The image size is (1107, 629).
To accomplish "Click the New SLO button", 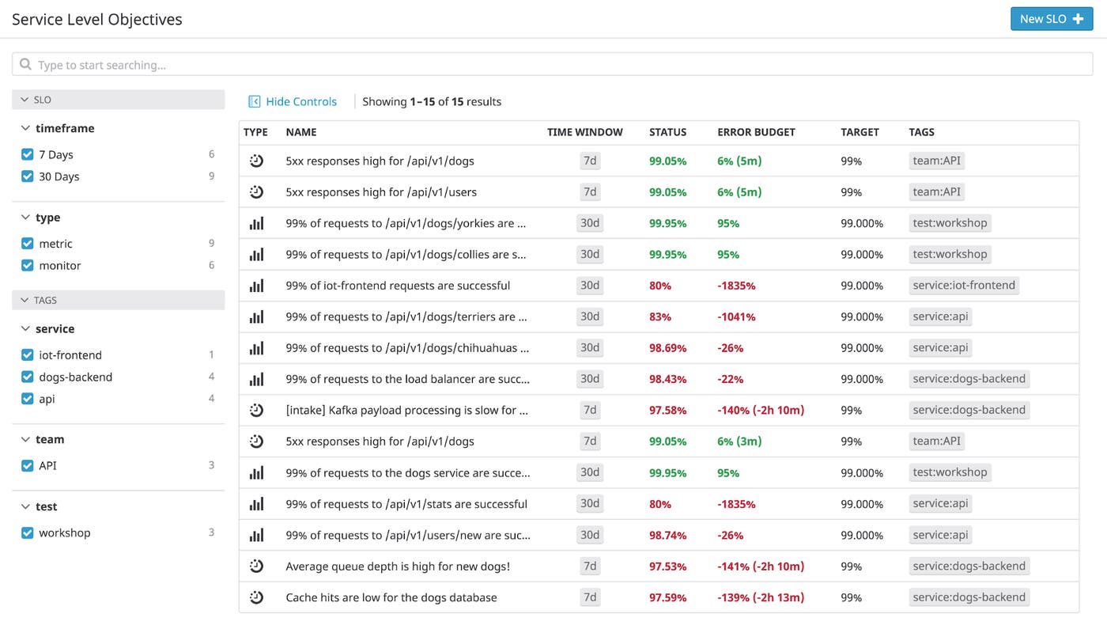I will click(x=1051, y=19).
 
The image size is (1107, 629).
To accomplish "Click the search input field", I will click(x=553, y=65).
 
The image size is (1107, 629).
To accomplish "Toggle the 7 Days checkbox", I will click(x=28, y=154).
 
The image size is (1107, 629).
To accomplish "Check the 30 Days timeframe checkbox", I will click(x=28, y=176).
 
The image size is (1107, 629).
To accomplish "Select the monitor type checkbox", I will click(x=28, y=266).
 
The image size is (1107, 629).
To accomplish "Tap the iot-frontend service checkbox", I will click(x=28, y=355).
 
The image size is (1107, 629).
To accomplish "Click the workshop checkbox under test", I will click(x=28, y=533).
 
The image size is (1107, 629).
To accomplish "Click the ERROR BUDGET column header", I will click(x=755, y=132).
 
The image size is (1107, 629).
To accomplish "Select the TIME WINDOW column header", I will click(x=584, y=132).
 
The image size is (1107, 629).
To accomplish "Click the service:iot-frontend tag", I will click(x=963, y=286).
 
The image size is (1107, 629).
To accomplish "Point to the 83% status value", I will click(x=659, y=316).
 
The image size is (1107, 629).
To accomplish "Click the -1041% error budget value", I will click(x=735, y=316).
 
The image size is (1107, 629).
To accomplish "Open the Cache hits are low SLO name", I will click(x=391, y=597).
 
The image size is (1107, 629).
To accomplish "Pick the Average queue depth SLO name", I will click(x=398, y=566).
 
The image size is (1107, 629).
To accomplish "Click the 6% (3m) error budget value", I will click(x=739, y=441).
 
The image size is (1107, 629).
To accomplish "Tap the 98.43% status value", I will click(x=667, y=379).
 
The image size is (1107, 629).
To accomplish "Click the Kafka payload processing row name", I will click(x=406, y=411).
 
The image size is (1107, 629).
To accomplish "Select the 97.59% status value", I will click(x=667, y=597).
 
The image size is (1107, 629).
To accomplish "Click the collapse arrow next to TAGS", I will click(x=24, y=301).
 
